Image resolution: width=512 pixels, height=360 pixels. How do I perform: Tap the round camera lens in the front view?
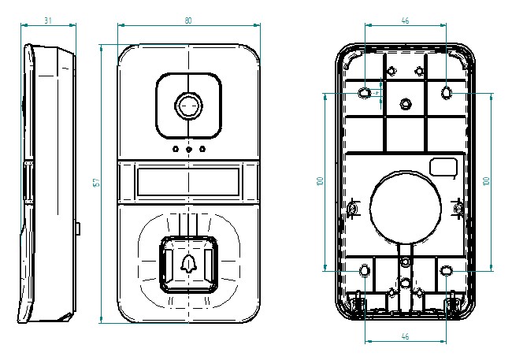188,106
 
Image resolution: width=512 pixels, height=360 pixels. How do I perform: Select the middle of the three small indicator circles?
188,149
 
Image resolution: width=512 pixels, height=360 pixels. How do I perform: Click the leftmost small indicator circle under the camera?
175,149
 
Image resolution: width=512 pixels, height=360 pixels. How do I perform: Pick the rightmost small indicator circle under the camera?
202,149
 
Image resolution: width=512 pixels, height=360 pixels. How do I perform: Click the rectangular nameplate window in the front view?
188,183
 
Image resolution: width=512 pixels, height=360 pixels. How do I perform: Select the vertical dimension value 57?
96,182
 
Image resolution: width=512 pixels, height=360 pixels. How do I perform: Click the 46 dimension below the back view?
405,336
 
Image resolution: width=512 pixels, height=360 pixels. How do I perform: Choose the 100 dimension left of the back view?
321,181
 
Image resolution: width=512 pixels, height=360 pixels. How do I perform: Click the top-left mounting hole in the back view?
365,93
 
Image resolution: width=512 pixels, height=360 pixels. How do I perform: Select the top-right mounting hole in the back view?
447,93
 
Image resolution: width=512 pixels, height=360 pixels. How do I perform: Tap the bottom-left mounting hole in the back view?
365,271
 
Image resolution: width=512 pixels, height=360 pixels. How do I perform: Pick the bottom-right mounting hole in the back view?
447,271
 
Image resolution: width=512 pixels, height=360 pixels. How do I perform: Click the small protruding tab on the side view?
80,228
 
